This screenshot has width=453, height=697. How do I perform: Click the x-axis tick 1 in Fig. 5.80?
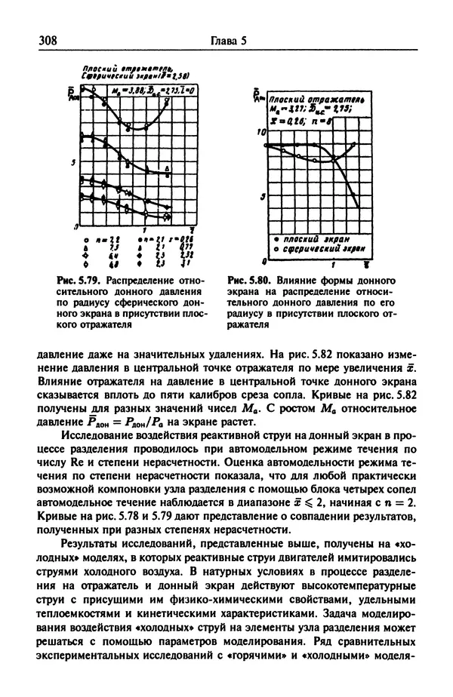[x=333, y=266]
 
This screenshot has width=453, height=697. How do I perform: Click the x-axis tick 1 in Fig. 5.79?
[x=144, y=229]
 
